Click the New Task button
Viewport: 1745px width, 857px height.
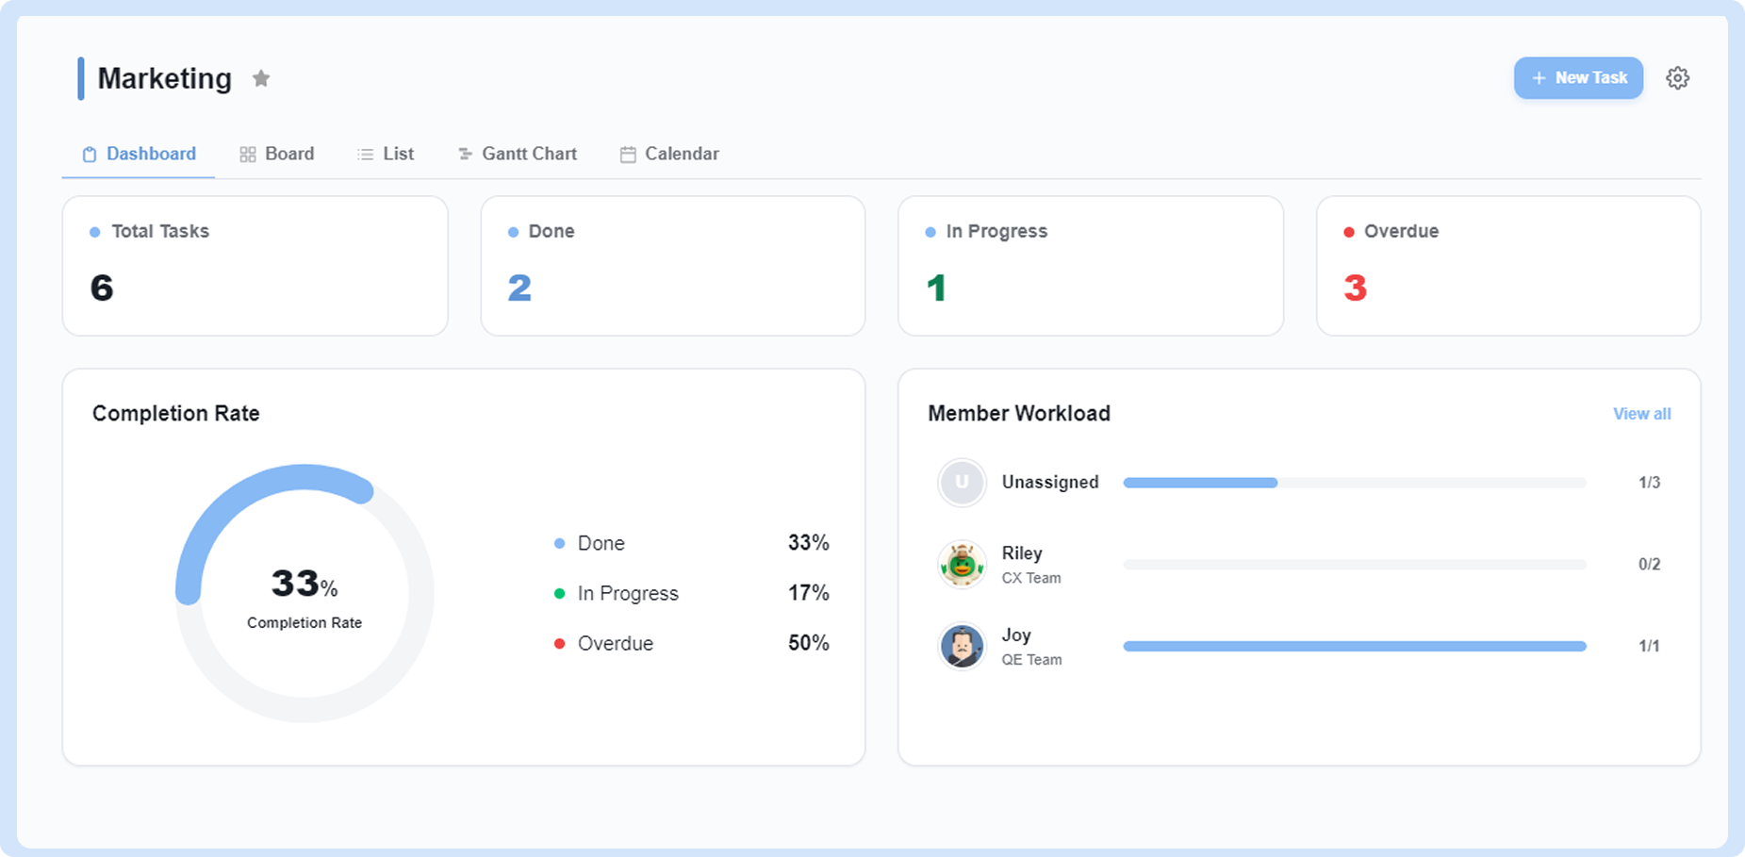pos(1578,78)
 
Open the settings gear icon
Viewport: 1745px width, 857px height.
pos(1677,78)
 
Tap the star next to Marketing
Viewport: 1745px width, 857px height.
pos(261,78)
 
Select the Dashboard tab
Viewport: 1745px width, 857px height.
pos(139,154)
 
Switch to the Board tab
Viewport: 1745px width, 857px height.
pos(276,154)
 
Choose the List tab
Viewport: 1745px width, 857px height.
pos(386,154)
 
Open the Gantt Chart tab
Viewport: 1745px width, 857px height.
pos(518,154)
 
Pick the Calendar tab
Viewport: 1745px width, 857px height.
pos(669,154)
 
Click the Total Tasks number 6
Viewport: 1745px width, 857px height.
pos(102,288)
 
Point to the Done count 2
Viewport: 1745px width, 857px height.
pos(519,288)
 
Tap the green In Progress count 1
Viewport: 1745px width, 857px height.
pos(936,288)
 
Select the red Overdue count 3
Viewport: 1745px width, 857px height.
pos(1355,288)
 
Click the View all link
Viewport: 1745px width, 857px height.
pos(1641,414)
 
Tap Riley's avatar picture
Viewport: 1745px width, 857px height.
pos(962,565)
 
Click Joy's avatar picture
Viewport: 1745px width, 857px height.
pos(962,647)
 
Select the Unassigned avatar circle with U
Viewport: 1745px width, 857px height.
pos(962,483)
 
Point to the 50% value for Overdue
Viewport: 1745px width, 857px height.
pos(808,643)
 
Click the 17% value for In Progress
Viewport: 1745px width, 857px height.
pos(808,593)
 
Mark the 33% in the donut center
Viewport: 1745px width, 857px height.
pos(304,584)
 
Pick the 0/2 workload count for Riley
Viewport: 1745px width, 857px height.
pos(1649,565)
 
